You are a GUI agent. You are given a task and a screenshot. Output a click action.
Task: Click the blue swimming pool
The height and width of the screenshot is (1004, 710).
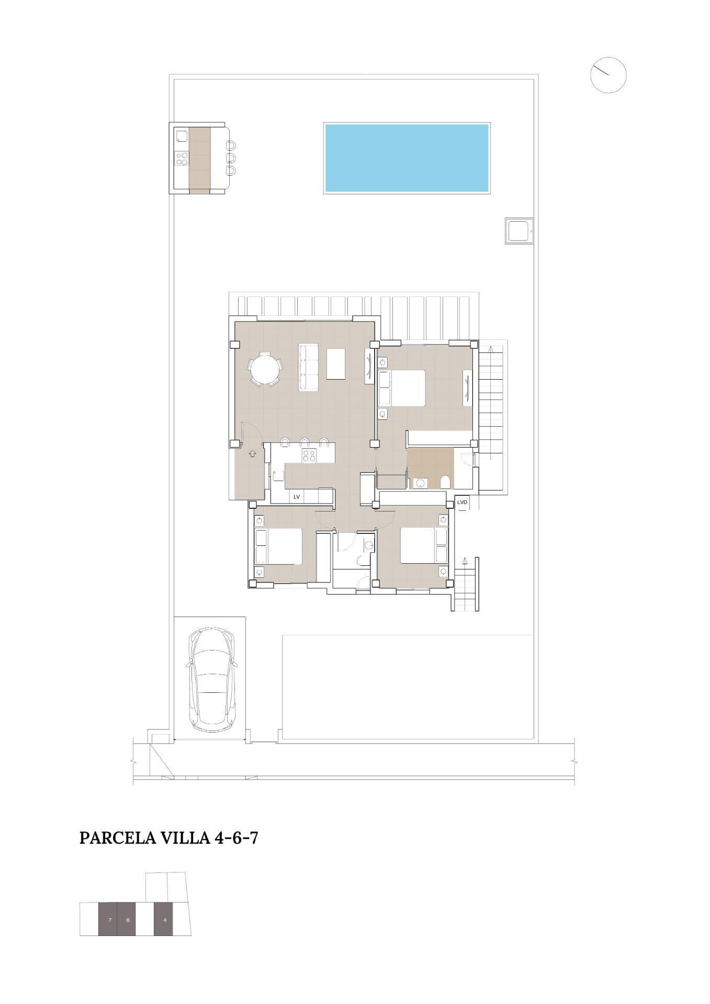pos(407,158)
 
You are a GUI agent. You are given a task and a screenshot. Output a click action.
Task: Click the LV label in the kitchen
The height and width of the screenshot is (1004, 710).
pos(297,497)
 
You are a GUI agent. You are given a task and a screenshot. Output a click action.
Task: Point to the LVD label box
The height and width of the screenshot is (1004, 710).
pos(462,503)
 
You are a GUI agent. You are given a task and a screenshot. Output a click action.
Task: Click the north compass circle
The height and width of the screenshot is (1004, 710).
pos(608,75)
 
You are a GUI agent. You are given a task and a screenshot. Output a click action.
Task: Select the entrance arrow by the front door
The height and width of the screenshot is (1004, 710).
pos(253,453)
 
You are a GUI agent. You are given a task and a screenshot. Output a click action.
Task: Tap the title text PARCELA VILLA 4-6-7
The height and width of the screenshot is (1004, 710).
pos(168,838)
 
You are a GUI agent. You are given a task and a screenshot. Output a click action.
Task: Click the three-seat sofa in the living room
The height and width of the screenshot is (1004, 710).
pos(308,367)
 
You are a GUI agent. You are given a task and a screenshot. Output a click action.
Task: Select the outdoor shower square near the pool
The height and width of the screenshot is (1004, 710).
pos(520,231)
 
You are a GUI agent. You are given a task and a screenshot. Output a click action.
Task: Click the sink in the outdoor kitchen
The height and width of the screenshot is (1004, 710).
pos(182,136)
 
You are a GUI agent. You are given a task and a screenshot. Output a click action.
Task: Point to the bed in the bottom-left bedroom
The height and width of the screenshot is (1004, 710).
pos(279,546)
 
